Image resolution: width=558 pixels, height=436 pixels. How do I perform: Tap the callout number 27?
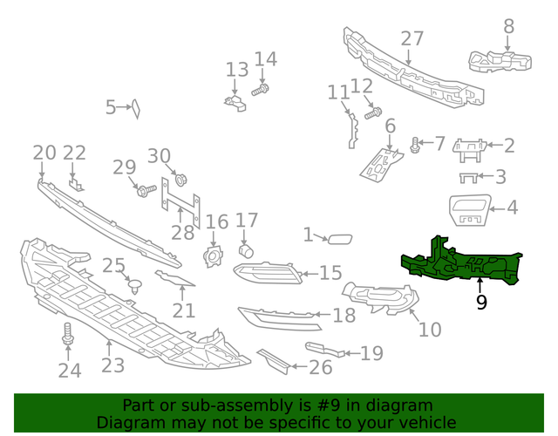pos(412,38)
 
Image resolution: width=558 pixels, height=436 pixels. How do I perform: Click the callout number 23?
pos(112,365)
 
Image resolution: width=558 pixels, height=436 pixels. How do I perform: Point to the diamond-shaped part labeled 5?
pos(136,107)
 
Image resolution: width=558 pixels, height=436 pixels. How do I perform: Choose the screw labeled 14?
pos(260,89)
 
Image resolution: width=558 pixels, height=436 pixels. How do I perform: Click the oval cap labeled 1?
pos(339,236)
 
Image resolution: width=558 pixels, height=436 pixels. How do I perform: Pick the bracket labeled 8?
pos(500,58)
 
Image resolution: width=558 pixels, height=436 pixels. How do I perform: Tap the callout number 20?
pos(44,153)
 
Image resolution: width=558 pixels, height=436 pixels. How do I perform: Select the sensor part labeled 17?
pos(247,251)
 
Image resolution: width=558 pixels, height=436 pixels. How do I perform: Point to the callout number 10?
pos(430,330)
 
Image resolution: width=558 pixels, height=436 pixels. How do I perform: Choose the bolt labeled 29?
pos(145,188)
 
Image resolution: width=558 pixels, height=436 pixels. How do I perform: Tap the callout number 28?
pos(182,233)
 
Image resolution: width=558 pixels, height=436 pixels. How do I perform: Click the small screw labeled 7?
pos(415,146)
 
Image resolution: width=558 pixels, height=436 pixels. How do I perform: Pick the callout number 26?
pos(320,367)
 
